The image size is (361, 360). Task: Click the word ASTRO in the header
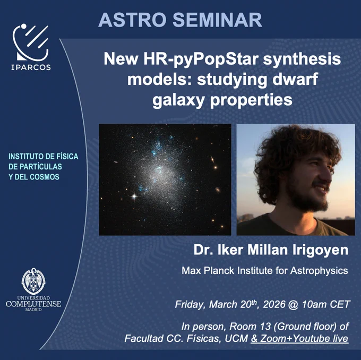(132, 20)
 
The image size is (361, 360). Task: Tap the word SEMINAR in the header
(217, 20)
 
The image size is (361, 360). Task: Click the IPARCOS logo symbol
(31, 42)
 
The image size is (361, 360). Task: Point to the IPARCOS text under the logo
(31, 67)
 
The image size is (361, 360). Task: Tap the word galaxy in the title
(178, 100)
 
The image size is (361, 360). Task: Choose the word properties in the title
(251, 100)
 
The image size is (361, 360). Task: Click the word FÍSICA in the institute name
(67, 157)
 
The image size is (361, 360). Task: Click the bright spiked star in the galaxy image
(134, 196)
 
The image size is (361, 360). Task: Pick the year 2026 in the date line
(274, 304)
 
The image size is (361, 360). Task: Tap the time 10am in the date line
(314, 304)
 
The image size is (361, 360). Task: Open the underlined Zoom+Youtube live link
(299, 339)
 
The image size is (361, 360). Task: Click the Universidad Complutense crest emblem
(33, 281)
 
